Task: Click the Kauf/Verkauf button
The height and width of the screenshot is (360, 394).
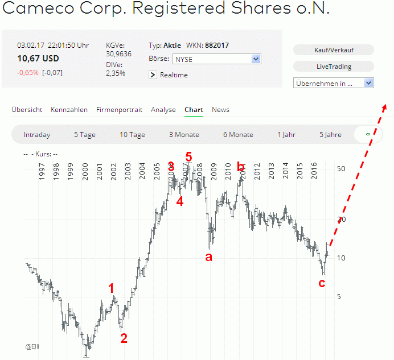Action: (334, 50)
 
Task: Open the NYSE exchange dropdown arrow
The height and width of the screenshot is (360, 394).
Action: (256, 59)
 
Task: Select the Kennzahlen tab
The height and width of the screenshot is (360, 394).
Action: (69, 110)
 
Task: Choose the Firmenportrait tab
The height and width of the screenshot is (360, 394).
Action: (119, 110)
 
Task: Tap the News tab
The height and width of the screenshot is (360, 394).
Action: (220, 110)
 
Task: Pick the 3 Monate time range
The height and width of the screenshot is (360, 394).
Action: (184, 135)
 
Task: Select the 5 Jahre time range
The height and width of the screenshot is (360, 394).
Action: (330, 135)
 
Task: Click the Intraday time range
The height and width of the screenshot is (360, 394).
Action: (37, 135)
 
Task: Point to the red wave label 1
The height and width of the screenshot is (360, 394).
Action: (112, 288)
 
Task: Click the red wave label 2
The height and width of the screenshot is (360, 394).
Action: (124, 338)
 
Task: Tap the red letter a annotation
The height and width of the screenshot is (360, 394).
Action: (208, 257)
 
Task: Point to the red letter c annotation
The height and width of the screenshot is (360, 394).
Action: (322, 283)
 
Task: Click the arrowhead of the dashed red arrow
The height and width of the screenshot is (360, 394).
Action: (385, 107)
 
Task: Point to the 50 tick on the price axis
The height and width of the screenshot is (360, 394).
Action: (341, 169)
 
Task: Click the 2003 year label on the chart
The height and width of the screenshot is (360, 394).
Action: (128, 170)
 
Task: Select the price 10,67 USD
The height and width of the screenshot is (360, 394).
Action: (38, 58)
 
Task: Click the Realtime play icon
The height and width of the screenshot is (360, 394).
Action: (153, 75)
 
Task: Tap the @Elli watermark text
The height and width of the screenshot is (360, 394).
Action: (32, 346)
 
